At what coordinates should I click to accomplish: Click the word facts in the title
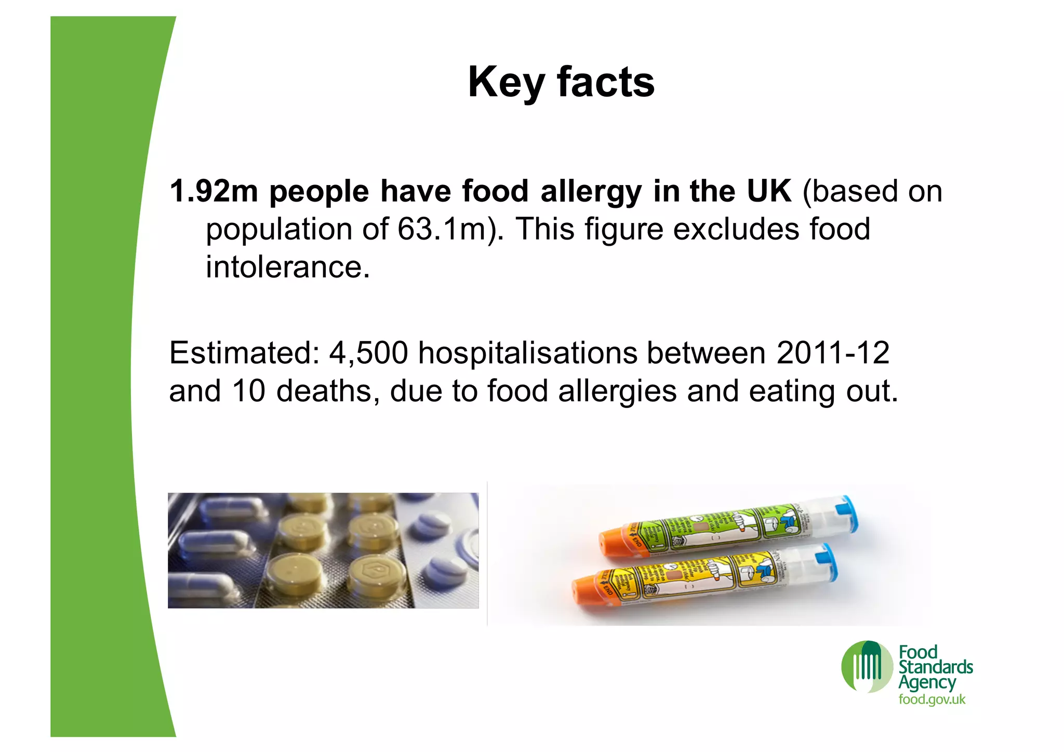tap(605, 82)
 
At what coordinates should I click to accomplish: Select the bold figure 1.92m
tap(214, 191)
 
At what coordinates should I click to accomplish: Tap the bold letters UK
tap(769, 191)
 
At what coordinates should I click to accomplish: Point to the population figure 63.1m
tap(442, 229)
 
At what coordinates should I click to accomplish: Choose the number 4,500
tap(368, 353)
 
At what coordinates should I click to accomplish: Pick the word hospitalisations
tap(527, 353)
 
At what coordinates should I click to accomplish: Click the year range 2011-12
tap(833, 353)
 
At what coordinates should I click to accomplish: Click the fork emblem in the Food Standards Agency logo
tap(867, 666)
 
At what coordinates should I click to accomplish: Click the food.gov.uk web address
tap(932, 700)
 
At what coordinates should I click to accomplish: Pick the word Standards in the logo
tap(935, 667)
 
